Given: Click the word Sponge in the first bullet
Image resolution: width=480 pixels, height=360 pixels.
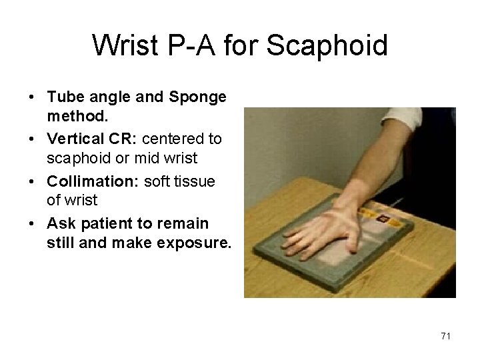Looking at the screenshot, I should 198,97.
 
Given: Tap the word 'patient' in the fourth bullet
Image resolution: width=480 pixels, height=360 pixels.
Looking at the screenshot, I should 106,223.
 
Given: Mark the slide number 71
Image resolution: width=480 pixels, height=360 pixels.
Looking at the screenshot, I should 445,336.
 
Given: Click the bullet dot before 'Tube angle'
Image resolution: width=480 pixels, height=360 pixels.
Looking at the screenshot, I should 32,98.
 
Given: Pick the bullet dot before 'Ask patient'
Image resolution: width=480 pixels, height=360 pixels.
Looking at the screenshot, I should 32,224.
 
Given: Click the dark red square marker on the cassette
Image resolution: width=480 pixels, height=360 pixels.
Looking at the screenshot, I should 382,219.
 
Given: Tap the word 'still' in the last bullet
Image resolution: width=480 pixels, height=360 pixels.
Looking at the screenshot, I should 60,243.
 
